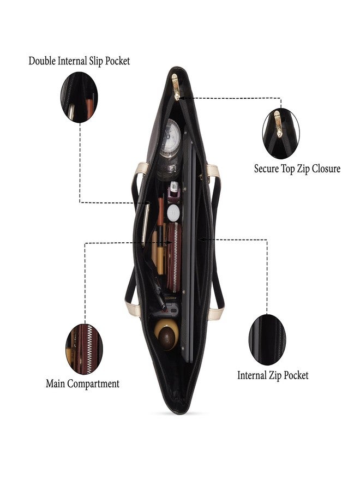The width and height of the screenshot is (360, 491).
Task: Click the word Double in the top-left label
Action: coord(42,61)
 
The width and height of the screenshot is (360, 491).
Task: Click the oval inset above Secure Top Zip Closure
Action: coord(281,133)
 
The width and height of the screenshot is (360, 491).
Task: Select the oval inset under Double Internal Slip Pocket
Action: coord(79,98)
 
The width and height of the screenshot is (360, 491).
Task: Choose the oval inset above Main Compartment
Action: coord(84,349)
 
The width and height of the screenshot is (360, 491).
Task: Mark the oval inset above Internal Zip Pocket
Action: coord(267,339)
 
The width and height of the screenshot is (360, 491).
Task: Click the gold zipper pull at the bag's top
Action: coord(176,87)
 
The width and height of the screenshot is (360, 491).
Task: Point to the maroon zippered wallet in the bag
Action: coord(173,257)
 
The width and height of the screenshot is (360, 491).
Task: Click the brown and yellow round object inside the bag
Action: coord(166,334)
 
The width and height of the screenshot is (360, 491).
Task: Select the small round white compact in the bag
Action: coord(173,213)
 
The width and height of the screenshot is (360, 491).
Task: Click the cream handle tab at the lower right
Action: coord(216,314)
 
